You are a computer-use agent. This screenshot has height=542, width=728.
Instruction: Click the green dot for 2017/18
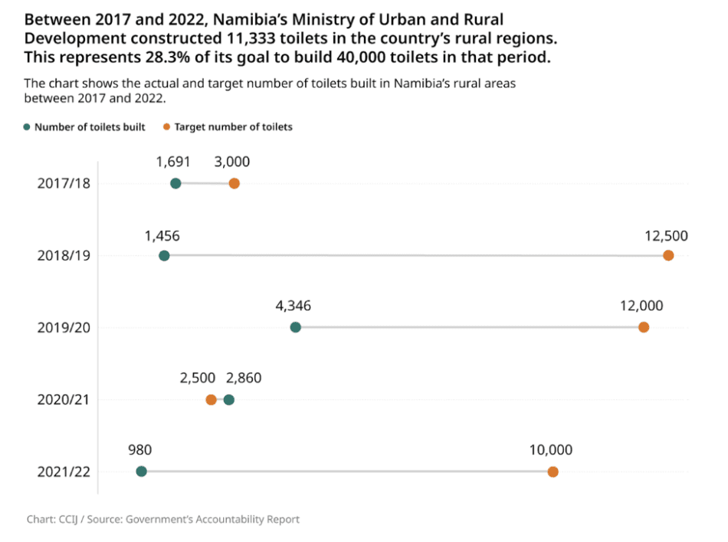click(x=175, y=183)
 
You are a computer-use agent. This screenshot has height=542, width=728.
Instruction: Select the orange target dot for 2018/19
click(x=668, y=255)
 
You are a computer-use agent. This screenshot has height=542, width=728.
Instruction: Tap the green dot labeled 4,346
click(x=296, y=327)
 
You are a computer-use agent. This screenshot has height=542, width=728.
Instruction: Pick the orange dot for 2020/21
click(x=211, y=399)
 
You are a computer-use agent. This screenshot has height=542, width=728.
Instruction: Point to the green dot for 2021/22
click(x=141, y=471)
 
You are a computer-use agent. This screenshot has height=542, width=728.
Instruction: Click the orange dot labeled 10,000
click(x=553, y=471)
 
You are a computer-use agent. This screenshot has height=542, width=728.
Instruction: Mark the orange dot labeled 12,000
click(x=644, y=327)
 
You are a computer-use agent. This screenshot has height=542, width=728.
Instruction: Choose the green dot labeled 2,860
click(x=228, y=399)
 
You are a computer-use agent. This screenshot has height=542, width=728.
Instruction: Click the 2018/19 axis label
click(x=64, y=255)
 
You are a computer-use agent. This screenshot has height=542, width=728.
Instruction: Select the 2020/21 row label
click(x=64, y=399)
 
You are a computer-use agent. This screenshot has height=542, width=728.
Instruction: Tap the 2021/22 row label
click(x=64, y=471)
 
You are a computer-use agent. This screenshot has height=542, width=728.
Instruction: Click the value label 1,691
click(x=172, y=162)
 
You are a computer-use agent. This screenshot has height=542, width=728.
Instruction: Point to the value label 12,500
click(x=666, y=235)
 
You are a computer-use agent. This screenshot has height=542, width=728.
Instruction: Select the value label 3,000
click(x=232, y=162)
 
